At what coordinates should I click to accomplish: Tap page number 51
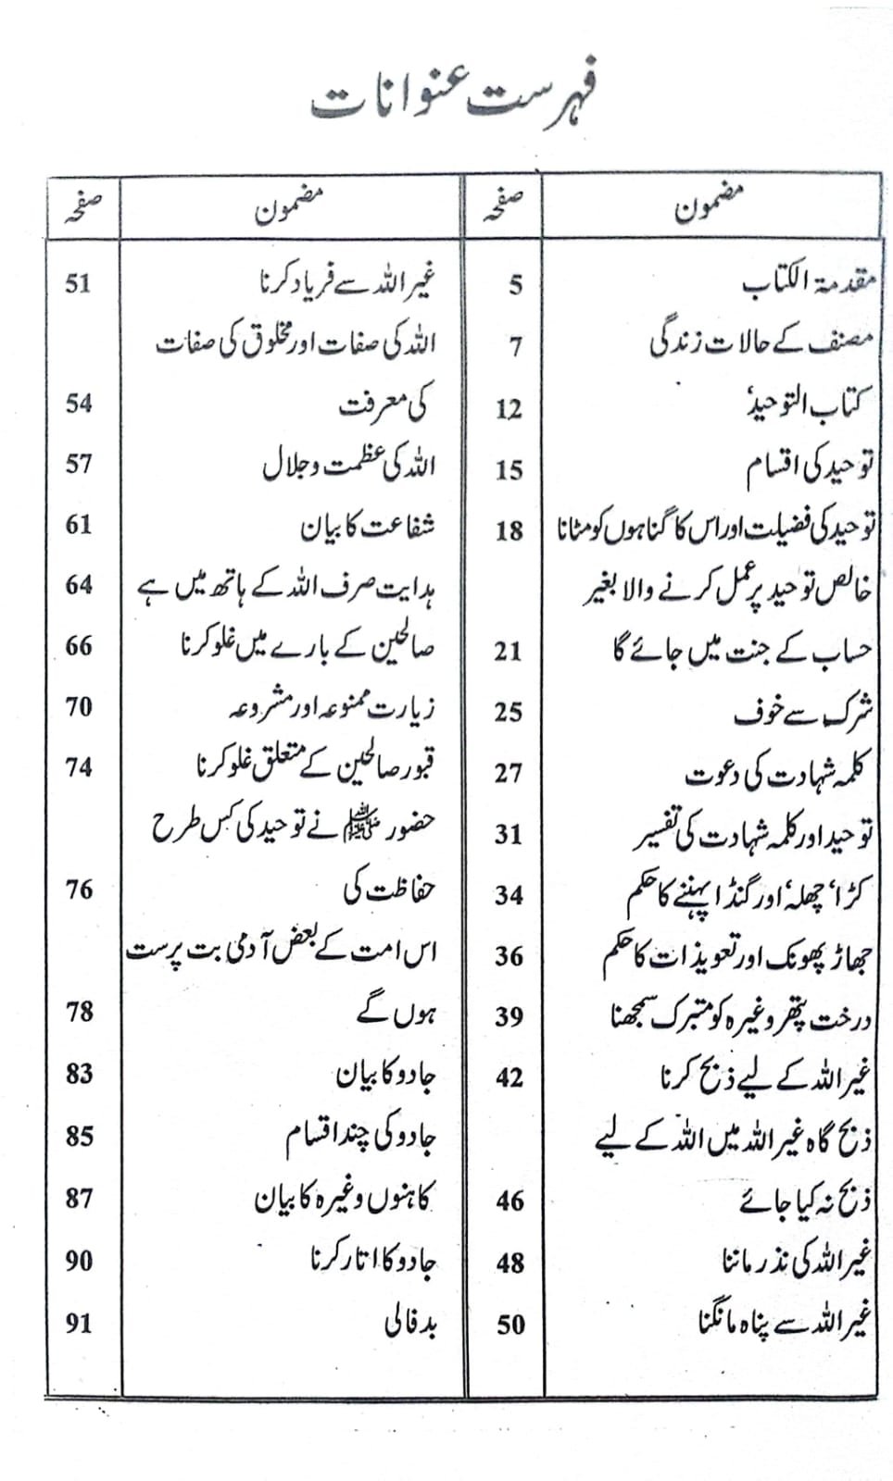tap(78, 282)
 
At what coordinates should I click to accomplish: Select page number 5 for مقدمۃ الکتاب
tap(515, 285)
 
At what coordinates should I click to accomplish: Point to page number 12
tap(509, 408)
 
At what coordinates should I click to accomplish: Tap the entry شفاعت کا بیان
tap(367, 528)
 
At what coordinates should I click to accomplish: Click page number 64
tap(79, 584)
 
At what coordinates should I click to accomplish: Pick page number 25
tap(508, 712)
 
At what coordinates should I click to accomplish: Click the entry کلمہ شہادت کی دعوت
tap(778, 773)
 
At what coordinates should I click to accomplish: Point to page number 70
tap(79, 706)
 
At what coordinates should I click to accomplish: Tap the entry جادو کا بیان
tap(384, 1075)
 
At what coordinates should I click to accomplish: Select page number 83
tap(79, 1073)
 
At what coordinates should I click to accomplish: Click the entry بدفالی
tap(410, 1323)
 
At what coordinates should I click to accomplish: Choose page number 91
tap(79, 1323)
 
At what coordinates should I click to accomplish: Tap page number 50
tap(509, 1325)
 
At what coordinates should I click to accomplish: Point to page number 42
tap(509, 1077)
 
